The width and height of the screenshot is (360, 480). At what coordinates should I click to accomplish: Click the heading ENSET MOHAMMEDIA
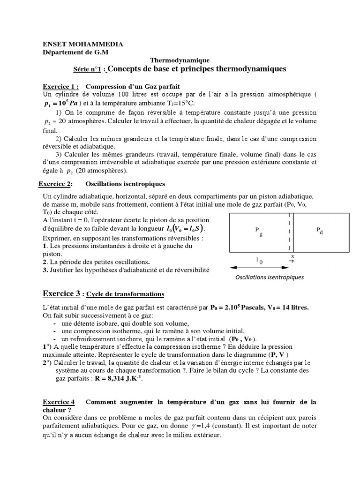coord(83,44)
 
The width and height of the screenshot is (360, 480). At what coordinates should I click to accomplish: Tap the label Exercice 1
coord(60,87)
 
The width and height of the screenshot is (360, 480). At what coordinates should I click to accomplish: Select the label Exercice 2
coord(57,184)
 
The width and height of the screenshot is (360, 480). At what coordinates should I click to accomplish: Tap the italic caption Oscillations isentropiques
coord(269,277)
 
